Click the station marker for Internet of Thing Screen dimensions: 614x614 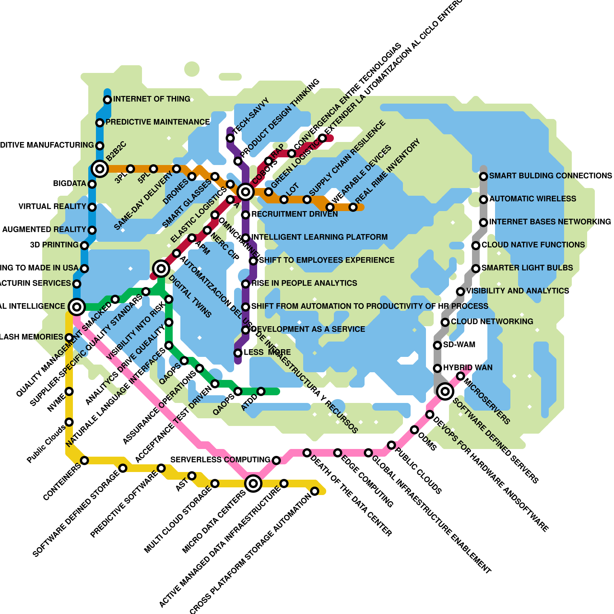tap(107, 100)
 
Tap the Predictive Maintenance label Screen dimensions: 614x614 tap(157, 122)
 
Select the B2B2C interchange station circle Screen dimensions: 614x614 tap(100, 168)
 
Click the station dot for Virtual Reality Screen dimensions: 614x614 tap(92, 207)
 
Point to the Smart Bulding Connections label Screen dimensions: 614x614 tap(550, 176)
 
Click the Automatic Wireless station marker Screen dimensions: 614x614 tap(484, 200)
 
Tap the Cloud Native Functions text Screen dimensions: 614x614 tap(533, 245)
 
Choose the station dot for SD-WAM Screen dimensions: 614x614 tap(437, 345)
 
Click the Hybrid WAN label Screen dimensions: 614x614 tap(467, 368)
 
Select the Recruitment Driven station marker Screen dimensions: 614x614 tap(246, 215)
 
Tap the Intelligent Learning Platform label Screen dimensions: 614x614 tap(319, 237)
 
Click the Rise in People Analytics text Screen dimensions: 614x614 tap(304, 283)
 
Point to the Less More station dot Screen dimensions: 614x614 tap(238, 353)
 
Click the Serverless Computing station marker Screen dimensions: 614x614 tap(276, 460)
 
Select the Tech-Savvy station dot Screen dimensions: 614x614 tap(230, 138)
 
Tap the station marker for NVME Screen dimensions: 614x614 tap(69, 391)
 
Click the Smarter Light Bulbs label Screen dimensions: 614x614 tap(527, 268)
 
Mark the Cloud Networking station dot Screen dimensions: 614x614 tap(445, 322)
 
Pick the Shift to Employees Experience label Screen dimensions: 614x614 tap(327, 260)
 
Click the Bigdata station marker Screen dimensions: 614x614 tap(92, 184)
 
